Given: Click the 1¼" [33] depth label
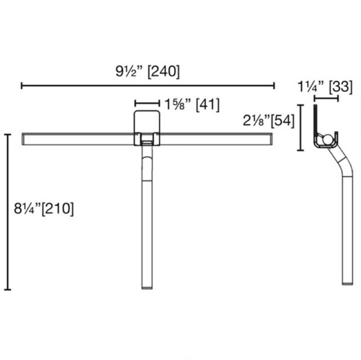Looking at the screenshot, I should click(x=326, y=87).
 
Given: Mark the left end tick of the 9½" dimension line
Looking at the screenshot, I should click(x=22, y=86).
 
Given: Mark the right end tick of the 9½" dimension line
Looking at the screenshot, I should click(x=274, y=86).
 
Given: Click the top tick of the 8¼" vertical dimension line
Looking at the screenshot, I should click(x=8, y=135).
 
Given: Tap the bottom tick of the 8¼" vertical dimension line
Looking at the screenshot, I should click(x=8, y=290).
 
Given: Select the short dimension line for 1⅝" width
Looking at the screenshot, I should click(x=147, y=103).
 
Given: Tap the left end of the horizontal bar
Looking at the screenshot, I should click(x=24, y=139).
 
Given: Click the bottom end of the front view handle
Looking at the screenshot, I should click(x=147, y=287).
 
